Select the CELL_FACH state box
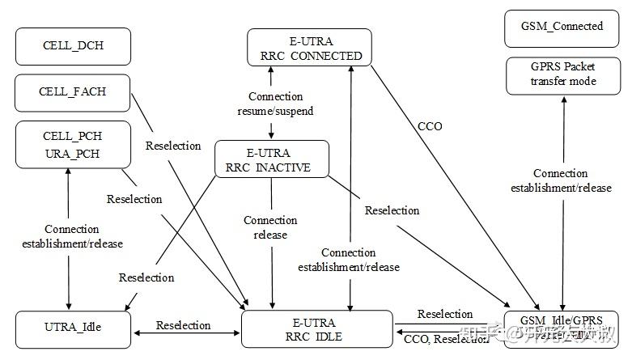72,91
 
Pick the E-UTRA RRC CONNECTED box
309,47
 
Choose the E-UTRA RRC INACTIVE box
271,159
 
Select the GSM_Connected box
564,26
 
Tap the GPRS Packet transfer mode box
564,74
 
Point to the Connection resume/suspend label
276,103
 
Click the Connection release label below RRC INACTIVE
270,227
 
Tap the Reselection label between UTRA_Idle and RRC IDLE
184,325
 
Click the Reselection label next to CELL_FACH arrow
173,146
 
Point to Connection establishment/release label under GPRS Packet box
561,181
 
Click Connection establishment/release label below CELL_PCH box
72,236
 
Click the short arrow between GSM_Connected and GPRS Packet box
564,50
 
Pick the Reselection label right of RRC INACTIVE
392,210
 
